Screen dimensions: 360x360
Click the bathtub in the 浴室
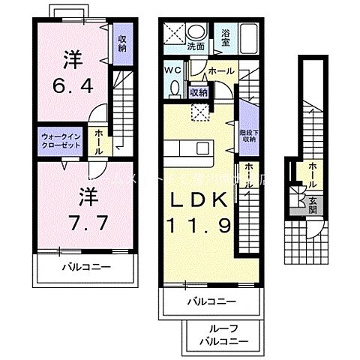[250, 38]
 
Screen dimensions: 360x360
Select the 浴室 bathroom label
[225, 38]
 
